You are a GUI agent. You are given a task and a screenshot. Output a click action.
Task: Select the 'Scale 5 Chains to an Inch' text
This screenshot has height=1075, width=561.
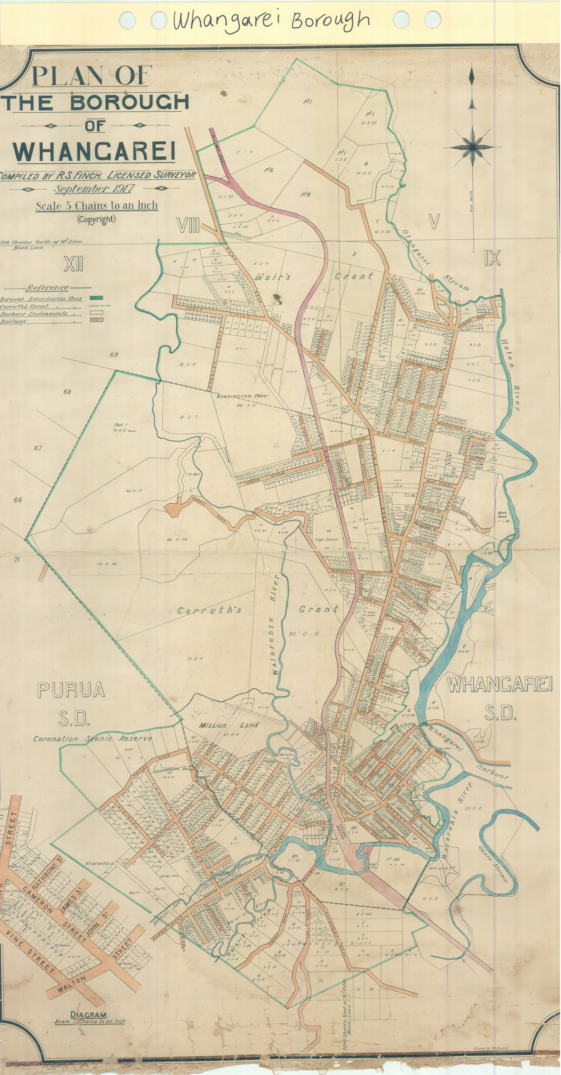[96, 206]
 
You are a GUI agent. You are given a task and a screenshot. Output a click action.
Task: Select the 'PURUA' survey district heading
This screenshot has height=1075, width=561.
[71, 690]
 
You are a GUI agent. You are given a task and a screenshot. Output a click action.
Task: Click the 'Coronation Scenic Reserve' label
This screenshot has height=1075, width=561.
[93, 739]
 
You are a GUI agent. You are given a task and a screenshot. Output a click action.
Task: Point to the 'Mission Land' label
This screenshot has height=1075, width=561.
[228, 725]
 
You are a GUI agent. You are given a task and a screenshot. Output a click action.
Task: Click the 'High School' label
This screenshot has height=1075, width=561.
[327, 539]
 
